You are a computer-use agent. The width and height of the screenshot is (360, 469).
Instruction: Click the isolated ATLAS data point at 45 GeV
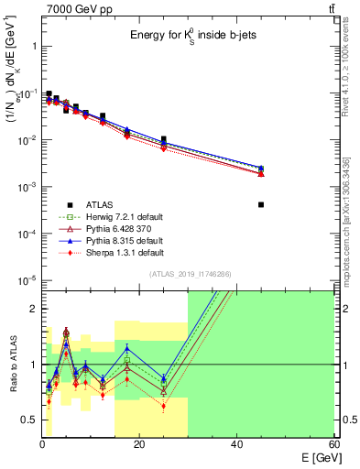click(261, 204)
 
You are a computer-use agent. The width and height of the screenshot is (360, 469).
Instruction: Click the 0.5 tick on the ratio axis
click(29, 420)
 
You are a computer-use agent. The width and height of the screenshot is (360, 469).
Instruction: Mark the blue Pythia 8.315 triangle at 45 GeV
click(261, 168)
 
